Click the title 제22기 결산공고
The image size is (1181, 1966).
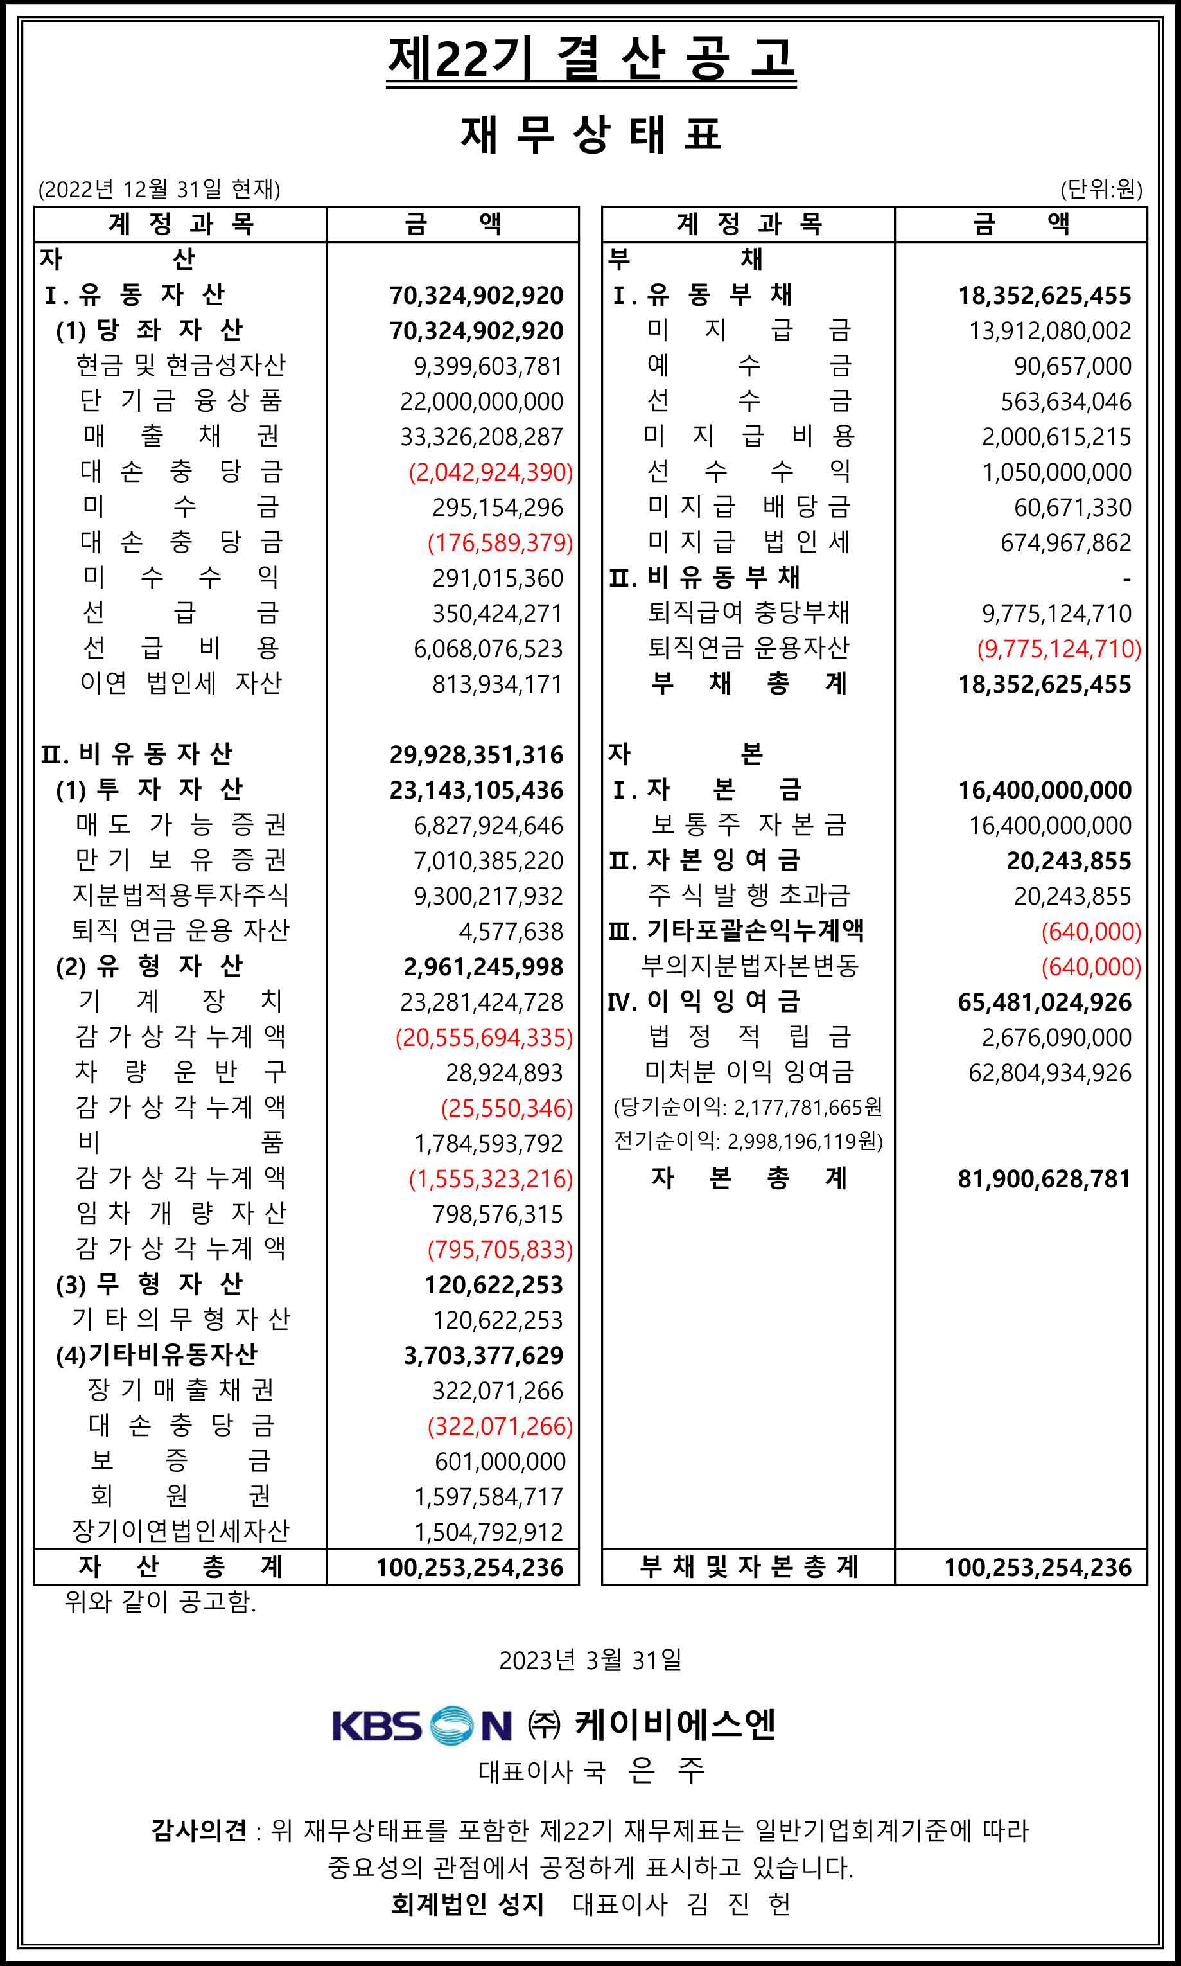coord(591,59)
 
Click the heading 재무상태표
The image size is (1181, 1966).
coord(591,134)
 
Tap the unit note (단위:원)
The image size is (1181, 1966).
coord(1101,190)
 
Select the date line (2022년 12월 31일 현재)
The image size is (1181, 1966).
coord(159,190)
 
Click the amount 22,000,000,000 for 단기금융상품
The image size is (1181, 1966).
coord(482,401)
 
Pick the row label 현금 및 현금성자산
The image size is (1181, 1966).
coord(180,366)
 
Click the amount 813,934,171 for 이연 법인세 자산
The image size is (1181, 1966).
coord(498,684)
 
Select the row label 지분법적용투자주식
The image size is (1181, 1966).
coord(180,896)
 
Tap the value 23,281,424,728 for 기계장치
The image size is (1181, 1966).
coord(482,1002)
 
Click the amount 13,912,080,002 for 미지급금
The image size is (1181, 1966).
coord(1050,330)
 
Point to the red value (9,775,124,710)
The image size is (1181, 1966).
coord(1059,649)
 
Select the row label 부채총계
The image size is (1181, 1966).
coord(749,684)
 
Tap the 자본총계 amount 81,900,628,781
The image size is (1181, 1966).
coord(1044,1179)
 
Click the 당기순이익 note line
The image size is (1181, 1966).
coord(748,1107)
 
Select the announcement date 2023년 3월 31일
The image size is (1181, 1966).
coord(591,1660)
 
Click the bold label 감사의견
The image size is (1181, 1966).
coord(199,1830)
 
